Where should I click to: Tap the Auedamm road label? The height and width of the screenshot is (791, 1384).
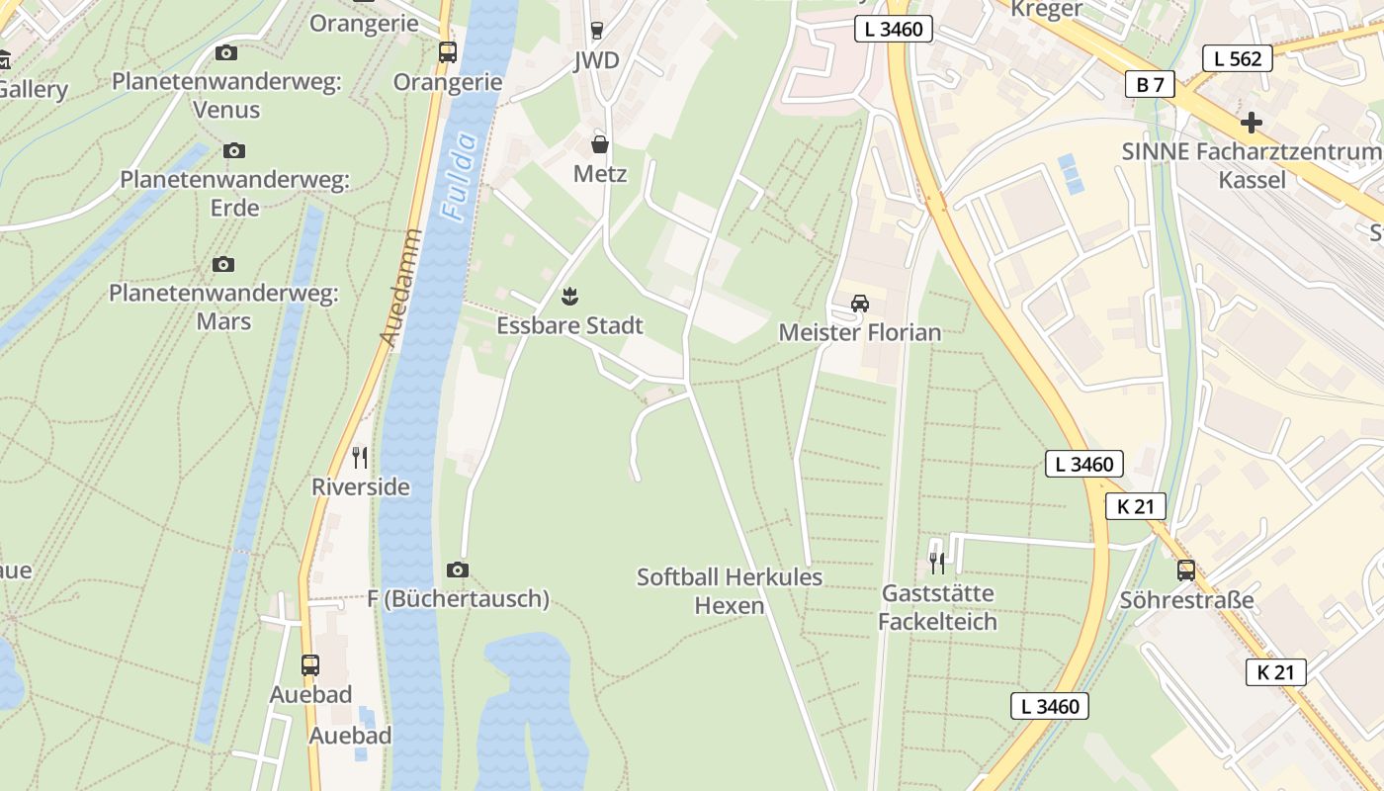(401, 288)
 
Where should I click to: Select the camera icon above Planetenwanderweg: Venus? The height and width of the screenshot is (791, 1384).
(226, 52)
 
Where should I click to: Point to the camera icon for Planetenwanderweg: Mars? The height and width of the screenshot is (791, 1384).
(223, 264)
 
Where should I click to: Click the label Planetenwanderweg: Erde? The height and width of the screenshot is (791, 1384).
(234, 194)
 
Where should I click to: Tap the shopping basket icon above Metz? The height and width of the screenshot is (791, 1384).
(599, 145)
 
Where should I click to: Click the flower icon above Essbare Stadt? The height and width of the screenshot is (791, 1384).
(569, 296)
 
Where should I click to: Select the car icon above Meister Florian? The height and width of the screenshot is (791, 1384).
(860, 304)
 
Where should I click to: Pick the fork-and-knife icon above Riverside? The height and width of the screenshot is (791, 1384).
(360, 457)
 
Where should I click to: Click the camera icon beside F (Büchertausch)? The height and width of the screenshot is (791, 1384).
(457, 570)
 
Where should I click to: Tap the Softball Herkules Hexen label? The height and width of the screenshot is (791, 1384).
(730, 590)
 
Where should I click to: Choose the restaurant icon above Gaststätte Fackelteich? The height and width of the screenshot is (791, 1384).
(937, 564)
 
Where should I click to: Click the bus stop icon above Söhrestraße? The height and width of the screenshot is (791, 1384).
(1185, 571)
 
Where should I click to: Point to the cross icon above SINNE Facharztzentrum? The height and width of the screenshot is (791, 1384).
(1252, 123)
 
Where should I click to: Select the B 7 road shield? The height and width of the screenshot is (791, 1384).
(1150, 84)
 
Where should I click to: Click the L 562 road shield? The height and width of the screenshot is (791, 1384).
(1238, 58)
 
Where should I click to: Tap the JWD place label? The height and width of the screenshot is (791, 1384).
(596, 60)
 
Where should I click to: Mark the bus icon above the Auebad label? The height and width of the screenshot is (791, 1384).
(310, 664)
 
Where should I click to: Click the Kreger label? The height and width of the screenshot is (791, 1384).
(1048, 10)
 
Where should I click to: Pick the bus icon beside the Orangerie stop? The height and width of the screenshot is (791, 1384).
(448, 52)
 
